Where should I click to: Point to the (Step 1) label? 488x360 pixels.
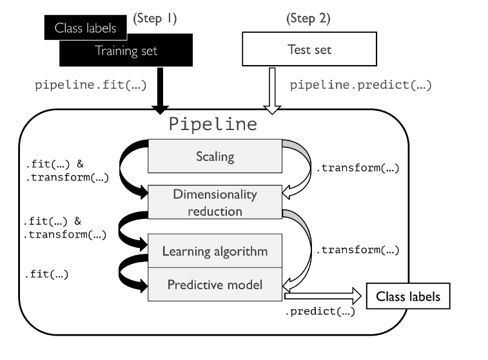click(156, 19)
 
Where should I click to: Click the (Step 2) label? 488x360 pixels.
click(307, 19)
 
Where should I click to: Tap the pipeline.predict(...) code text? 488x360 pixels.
click(360, 85)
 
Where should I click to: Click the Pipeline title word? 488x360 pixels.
click(212, 123)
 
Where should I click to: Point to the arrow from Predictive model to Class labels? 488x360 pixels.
click(322, 297)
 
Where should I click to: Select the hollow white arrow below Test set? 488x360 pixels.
click(272, 90)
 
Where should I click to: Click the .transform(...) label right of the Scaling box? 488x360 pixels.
click(357, 169)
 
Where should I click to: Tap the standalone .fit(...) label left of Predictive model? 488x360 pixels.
click(46, 274)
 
